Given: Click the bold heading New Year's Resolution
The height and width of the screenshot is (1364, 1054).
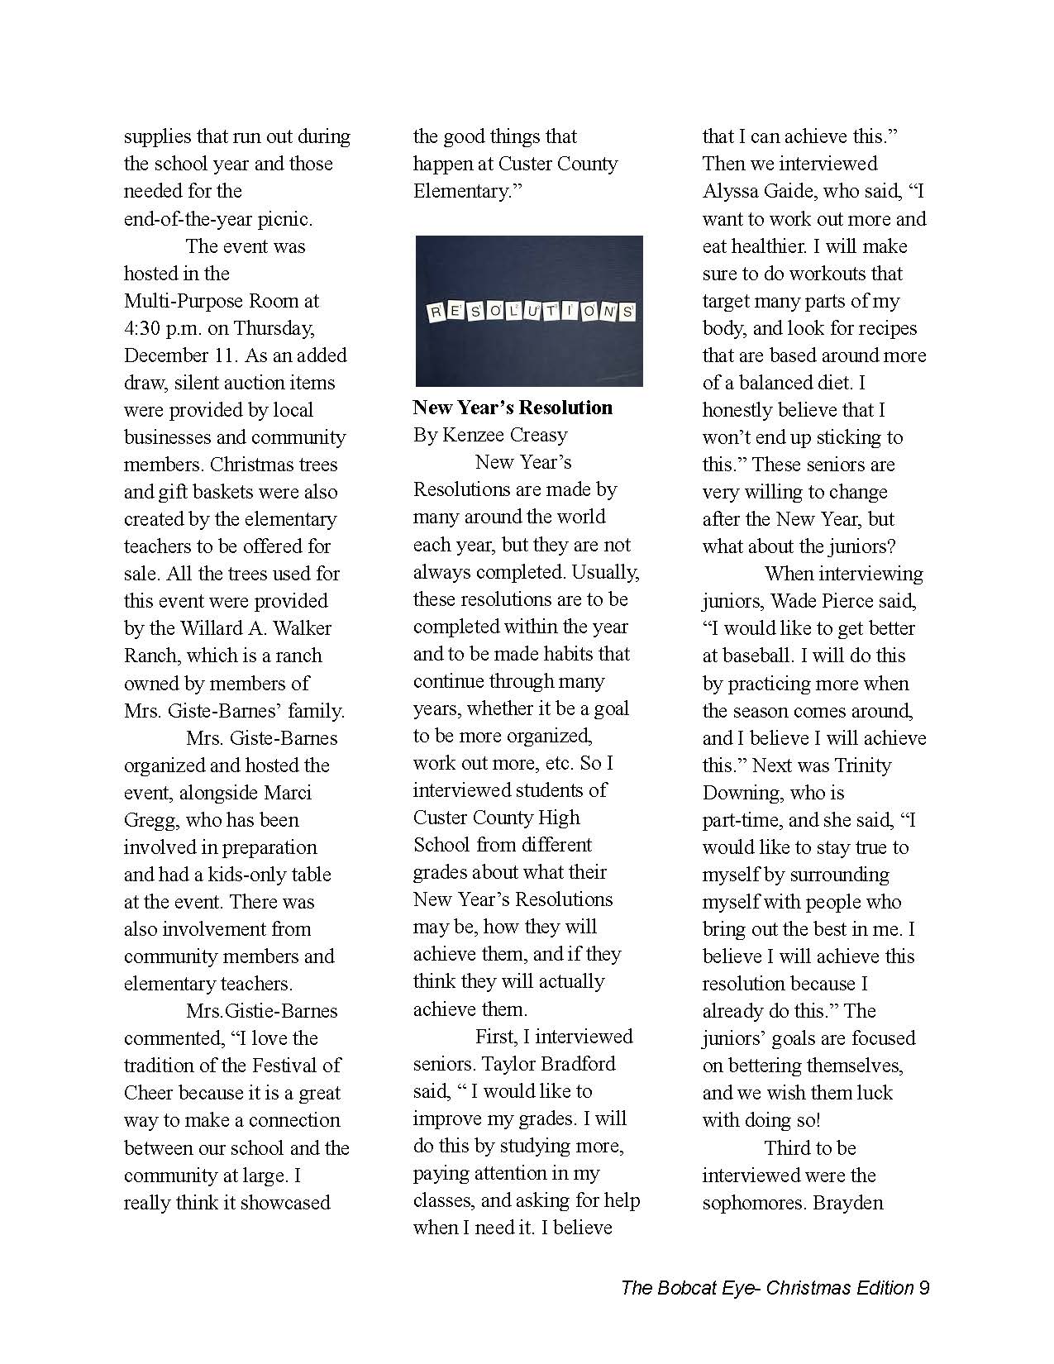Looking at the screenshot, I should pos(513,408).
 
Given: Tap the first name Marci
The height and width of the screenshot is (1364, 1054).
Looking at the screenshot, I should pos(288,792).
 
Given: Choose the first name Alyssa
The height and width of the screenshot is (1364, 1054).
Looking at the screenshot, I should pos(736,192).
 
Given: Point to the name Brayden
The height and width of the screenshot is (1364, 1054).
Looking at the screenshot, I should pos(848,1202).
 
